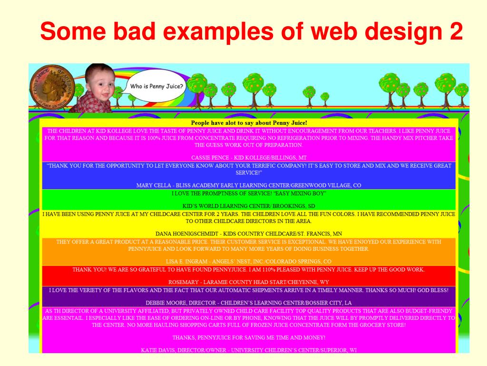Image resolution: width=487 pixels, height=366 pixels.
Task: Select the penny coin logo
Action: tap(52, 86)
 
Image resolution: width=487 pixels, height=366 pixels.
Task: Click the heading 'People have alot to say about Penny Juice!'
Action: tap(249, 123)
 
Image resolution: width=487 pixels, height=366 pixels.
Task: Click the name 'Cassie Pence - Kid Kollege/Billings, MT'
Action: tap(249, 157)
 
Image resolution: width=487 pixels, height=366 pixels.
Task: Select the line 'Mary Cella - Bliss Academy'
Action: tap(249, 185)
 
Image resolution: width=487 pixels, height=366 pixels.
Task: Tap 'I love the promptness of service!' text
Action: tap(249, 193)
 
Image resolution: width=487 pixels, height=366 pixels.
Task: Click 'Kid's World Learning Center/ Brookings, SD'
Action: tap(249, 206)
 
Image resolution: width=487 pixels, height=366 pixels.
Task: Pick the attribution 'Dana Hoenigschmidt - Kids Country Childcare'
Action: tap(249, 234)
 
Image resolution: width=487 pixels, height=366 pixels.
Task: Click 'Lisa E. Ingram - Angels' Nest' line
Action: tap(249, 262)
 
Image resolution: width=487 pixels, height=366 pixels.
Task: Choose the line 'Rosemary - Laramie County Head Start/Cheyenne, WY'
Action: tap(249, 282)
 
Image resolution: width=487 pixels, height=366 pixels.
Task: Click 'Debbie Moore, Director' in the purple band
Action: tap(249, 303)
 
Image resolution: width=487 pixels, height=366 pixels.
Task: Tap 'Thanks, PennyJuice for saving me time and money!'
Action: tap(249, 337)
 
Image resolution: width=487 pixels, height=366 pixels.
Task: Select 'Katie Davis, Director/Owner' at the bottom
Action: tap(249, 350)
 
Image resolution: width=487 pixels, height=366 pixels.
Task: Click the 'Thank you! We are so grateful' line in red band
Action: tap(249, 269)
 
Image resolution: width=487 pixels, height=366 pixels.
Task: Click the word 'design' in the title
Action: tap(405, 32)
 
